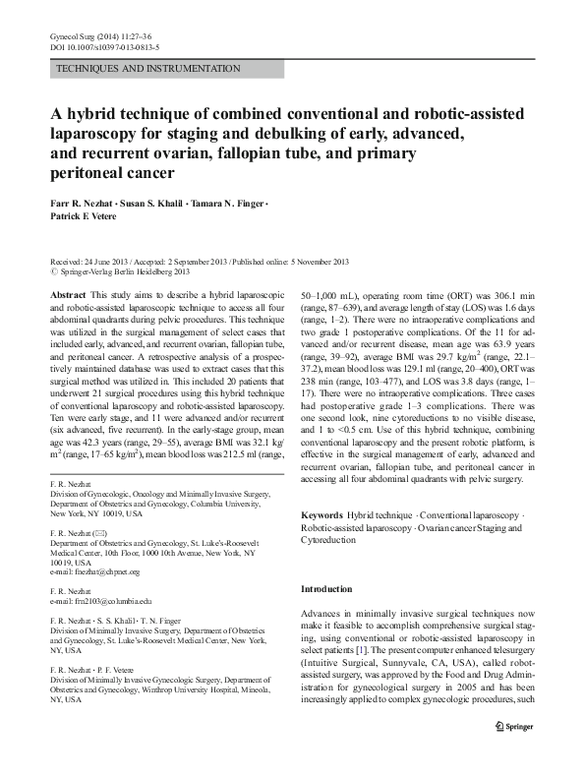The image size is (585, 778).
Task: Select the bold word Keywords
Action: (321, 515)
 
